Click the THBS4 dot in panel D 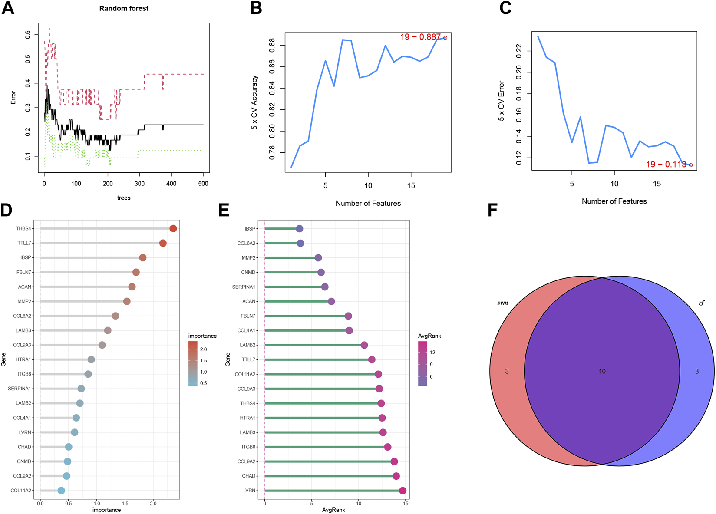[173, 229]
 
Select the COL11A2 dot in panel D [61, 491]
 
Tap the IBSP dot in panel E [299, 229]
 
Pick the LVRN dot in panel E [403, 491]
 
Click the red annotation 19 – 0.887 [420, 37]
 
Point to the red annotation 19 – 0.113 [666, 164]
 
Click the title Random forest [124, 8]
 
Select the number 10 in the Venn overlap [602, 371]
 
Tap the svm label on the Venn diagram [503, 303]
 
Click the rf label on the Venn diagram [701, 303]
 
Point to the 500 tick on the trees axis [203, 184]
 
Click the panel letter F [492, 211]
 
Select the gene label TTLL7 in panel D [24, 243]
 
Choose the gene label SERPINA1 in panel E [244, 287]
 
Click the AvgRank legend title [429, 336]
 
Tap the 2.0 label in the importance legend [203, 349]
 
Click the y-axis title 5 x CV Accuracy [255, 102]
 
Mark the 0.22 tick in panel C [519, 51]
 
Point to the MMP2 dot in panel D [127, 301]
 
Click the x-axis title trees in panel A [124, 198]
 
